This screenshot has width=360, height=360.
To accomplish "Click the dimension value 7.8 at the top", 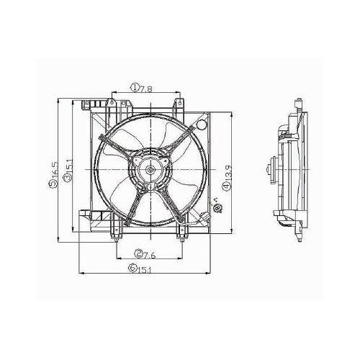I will pos(145,89).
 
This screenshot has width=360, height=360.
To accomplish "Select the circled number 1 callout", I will pos(135,89).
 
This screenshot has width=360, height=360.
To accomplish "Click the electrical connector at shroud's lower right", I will pos(215,210).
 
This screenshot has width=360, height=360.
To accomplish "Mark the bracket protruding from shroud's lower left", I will pos(85,216).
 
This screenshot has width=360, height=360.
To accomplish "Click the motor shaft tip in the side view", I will pos(266,171).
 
